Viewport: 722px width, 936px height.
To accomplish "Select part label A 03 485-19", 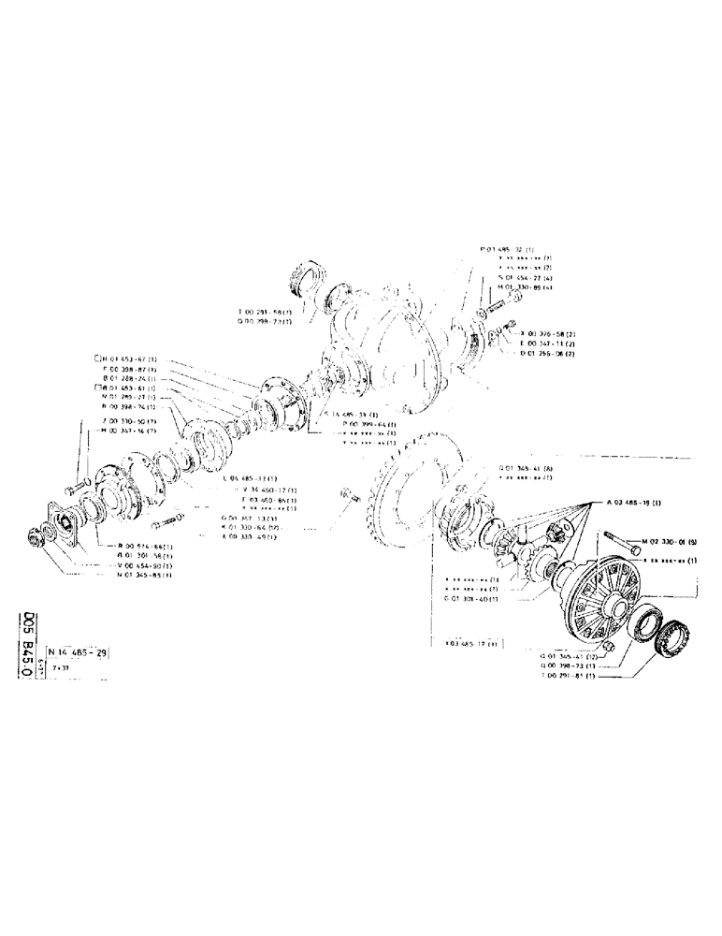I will (633, 503).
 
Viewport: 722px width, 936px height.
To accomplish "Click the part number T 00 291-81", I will (570, 676).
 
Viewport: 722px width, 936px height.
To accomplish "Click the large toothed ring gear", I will (412, 496).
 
